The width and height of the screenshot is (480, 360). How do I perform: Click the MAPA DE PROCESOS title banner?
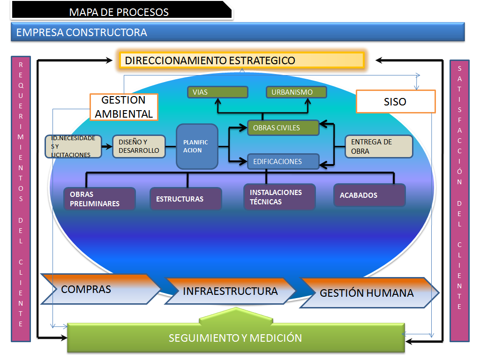[120, 11]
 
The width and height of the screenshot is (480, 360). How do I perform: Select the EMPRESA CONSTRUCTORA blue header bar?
[238, 32]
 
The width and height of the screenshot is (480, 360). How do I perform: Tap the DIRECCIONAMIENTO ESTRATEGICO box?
[241, 60]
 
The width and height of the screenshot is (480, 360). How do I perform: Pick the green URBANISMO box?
[296, 92]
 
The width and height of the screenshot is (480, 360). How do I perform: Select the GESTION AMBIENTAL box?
[124, 107]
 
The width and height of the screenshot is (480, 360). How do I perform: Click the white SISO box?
[395, 102]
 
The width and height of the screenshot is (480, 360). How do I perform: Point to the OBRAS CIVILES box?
[283, 127]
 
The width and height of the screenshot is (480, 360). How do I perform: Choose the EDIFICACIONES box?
[283, 161]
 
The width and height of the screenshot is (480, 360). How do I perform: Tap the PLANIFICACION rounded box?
[197, 146]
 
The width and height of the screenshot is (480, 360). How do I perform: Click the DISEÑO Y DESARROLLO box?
[139, 146]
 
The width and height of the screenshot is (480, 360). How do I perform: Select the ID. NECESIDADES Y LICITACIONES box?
[73, 146]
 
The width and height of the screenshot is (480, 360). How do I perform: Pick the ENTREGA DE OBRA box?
[379, 146]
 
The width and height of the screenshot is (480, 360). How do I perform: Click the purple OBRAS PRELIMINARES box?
[99, 199]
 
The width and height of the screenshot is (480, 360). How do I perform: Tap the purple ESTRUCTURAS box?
[186, 199]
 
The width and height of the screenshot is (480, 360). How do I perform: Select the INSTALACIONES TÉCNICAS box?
[279, 197]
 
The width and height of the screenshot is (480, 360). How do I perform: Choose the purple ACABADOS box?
[369, 195]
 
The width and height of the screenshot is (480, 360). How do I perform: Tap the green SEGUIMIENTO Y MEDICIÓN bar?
[235, 337]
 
